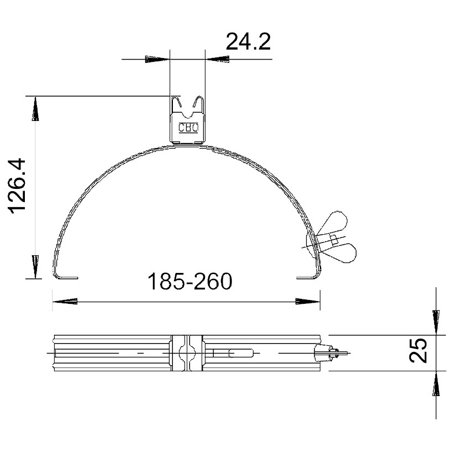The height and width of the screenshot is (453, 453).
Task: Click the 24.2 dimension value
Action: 248,41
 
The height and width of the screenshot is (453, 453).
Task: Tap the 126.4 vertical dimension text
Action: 18,186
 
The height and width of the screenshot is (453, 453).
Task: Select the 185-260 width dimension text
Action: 190,281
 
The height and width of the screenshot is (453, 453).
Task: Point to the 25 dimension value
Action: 418,350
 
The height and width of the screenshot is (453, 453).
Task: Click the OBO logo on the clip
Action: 188,128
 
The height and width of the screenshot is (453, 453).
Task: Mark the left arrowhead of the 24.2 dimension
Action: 156,59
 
